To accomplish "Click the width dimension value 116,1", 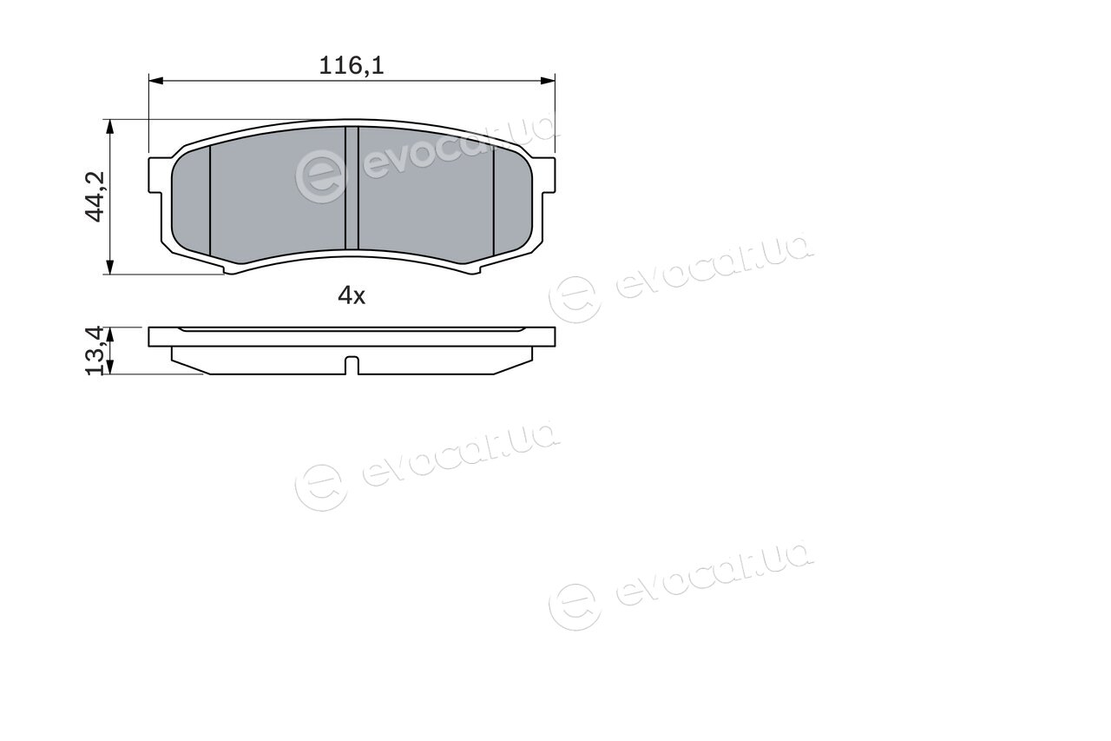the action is [352, 65].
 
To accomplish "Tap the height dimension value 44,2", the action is [95, 196].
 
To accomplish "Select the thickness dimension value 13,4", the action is [95, 350].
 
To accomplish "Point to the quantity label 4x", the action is [352, 296].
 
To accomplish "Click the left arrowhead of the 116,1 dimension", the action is [155, 81].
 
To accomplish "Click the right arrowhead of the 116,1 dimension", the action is [548, 81].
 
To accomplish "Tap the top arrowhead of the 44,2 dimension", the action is [110, 127].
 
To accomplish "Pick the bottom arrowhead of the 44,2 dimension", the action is [110, 267].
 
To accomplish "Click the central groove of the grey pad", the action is [352, 188].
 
